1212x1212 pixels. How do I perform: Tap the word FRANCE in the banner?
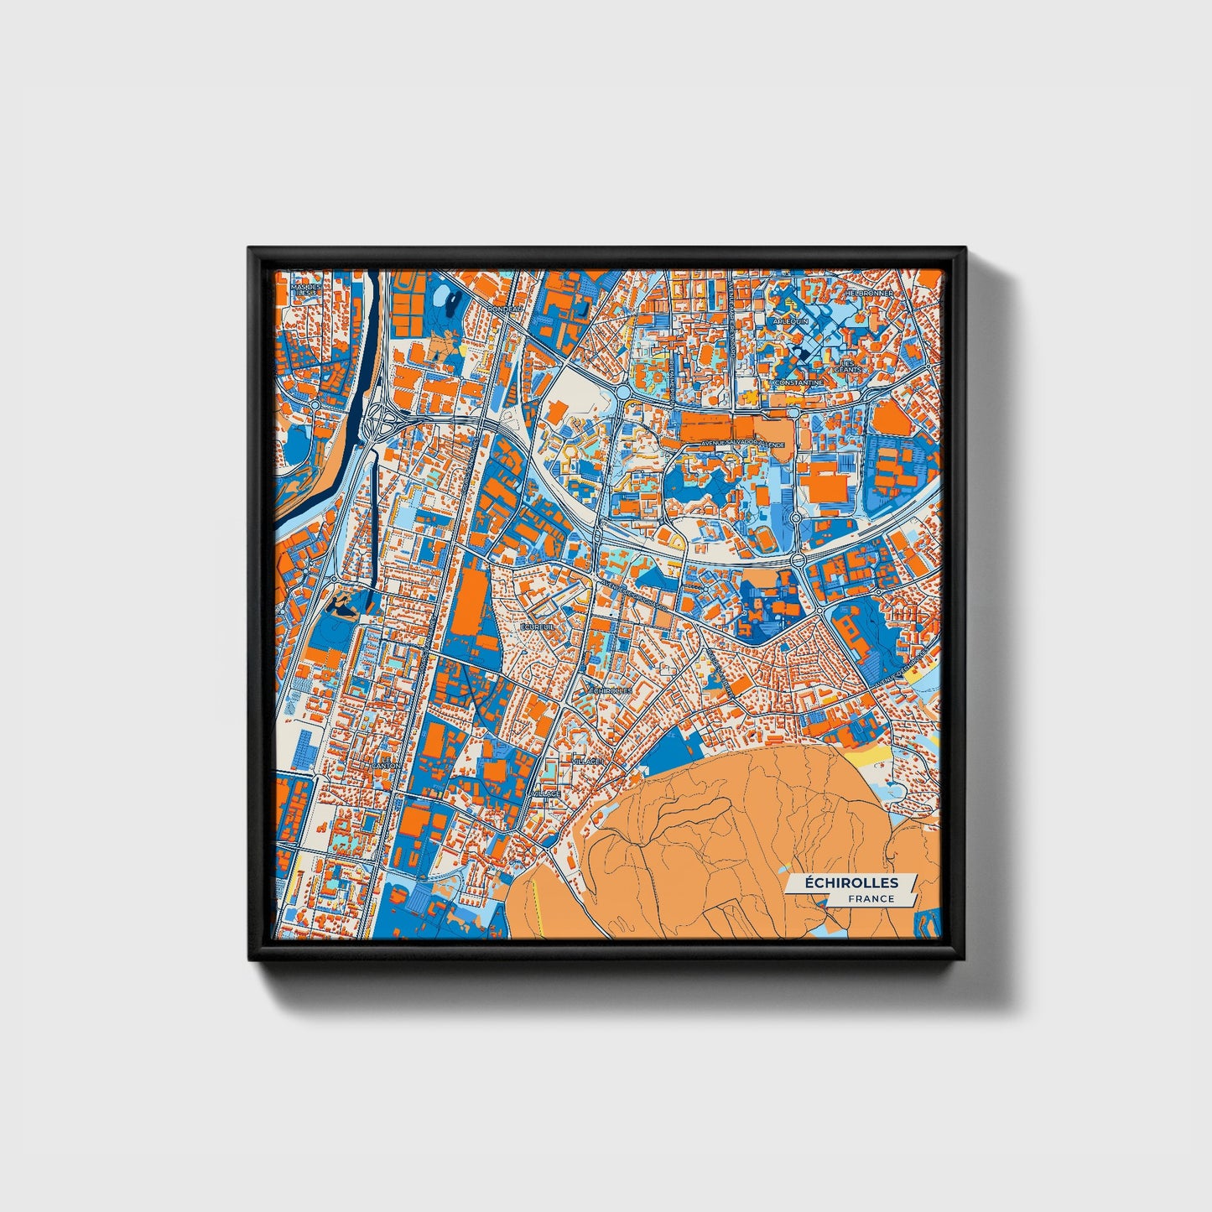pyautogui.click(x=870, y=898)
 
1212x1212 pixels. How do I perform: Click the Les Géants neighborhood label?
pyautogui.click(x=847, y=366)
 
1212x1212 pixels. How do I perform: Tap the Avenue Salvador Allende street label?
pyautogui.click(x=742, y=444)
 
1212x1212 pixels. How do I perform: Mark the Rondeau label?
pyautogui.click(x=504, y=309)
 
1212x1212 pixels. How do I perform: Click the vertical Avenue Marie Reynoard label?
pyautogui.click(x=731, y=319)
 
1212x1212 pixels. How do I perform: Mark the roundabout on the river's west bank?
pyautogui.click(x=315, y=405)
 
